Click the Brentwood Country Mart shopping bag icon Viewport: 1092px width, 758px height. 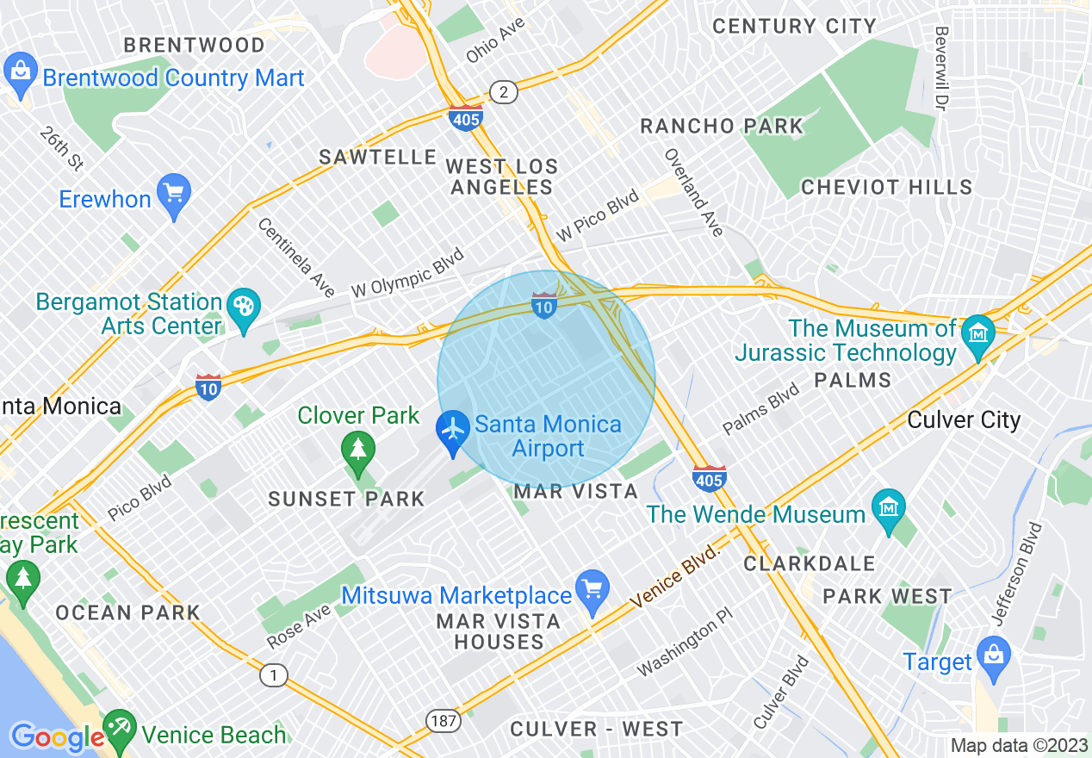pos(19,75)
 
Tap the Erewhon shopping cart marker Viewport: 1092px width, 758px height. pos(174,197)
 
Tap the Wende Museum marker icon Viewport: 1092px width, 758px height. pos(888,512)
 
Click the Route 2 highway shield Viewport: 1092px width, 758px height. pos(503,91)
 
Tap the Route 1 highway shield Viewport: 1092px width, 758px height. pos(273,675)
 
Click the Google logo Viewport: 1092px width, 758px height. pos(57,737)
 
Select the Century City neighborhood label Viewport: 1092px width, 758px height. pos(794,26)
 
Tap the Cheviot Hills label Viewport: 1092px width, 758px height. pos(886,187)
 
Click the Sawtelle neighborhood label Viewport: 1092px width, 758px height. pos(378,157)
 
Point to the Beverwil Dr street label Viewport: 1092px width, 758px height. pos(940,68)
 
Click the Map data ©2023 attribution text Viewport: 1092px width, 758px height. pos(1019,746)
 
